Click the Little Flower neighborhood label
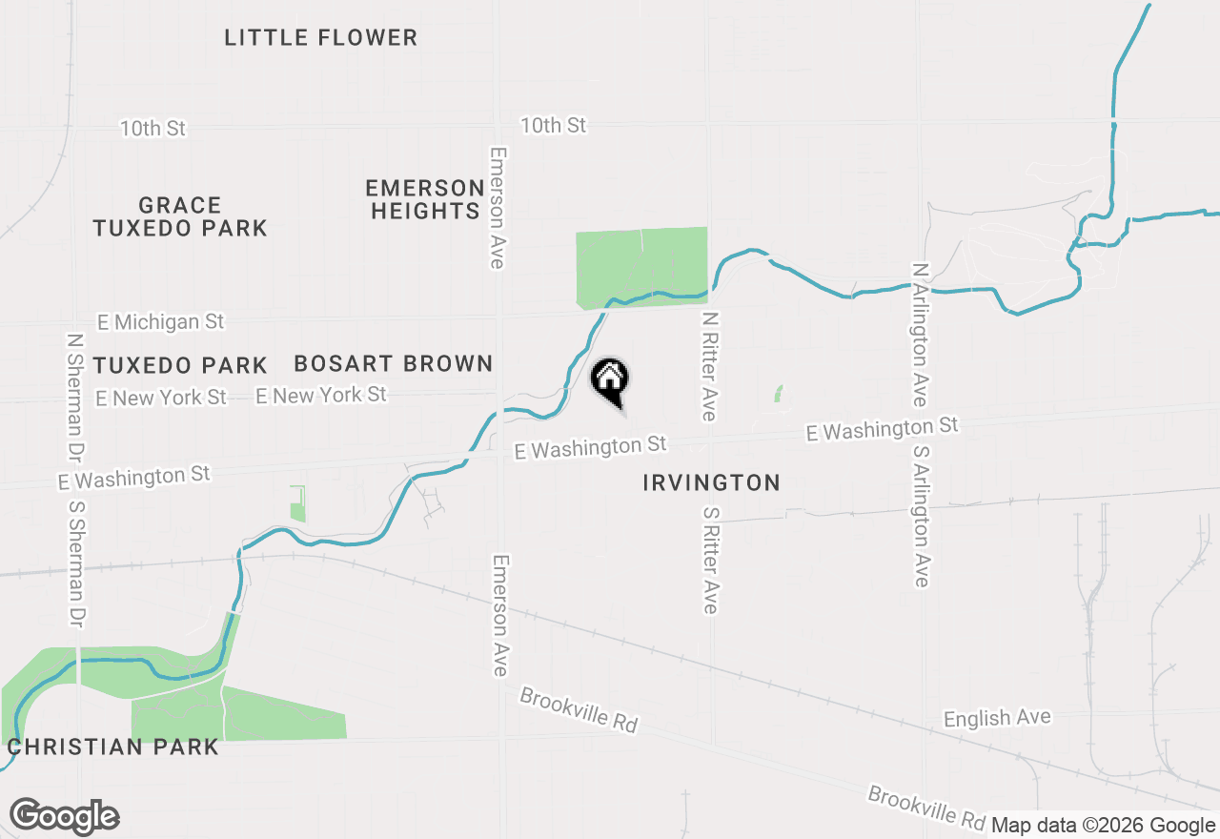tap(320, 38)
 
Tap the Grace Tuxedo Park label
tap(180, 216)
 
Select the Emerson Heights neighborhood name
tap(425, 199)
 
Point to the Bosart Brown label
tap(393, 363)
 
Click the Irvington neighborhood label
tap(711, 482)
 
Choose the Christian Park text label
tap(112, 746)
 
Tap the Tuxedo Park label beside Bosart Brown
tap(180, 365)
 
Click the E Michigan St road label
tap(160, 322)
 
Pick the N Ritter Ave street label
tap(708, 365)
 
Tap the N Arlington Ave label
tap(920, 335)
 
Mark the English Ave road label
tap(997, 718)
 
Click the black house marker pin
tap(610, 381)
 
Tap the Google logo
tap(64, 817)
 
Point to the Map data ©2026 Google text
tap(1103, 826)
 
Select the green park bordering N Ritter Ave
tap(641, 267)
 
